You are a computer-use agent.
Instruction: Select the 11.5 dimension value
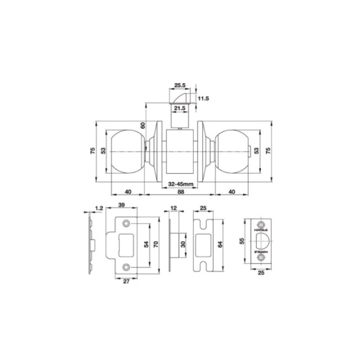[x=203, y=98]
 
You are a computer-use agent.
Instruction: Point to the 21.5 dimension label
[x=180, y=108]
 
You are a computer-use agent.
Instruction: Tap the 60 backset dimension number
[x=143, y=126]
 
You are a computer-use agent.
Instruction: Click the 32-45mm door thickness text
[x=180, y=184]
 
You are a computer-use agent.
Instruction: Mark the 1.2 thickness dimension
[x=99, y=208]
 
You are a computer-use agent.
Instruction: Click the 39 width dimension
[x=121, y=205]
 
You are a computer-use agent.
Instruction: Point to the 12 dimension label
[x=174, y=208]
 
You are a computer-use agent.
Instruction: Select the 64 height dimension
[x=219, y=245]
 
